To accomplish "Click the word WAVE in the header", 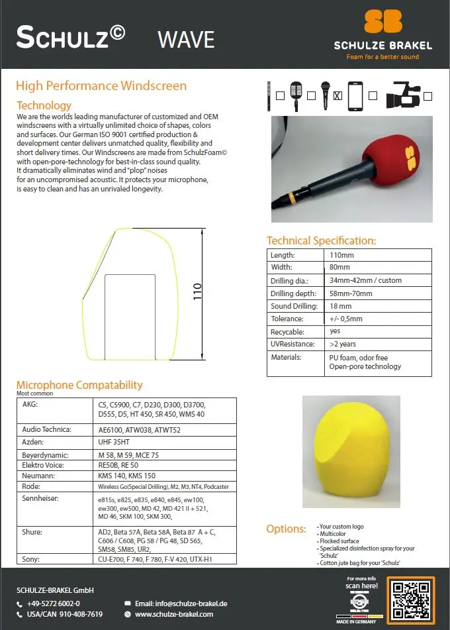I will pyautogui.click(x=186, y=39).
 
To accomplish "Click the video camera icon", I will pyautogui.click(x=406, y=95).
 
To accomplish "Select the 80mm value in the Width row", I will pyautogui.click(x=339, y=268).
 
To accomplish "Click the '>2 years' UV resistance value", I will pyautogui.click(x=343, y=344).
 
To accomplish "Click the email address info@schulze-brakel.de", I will pyautogui.click(x=181, y=604).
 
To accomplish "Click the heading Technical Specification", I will pyautogui.click(x=321, y=241).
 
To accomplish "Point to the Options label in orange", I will pyautogui.click(x=286, y=529).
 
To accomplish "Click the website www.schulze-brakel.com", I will pyautogui.click(x=174, y=615).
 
